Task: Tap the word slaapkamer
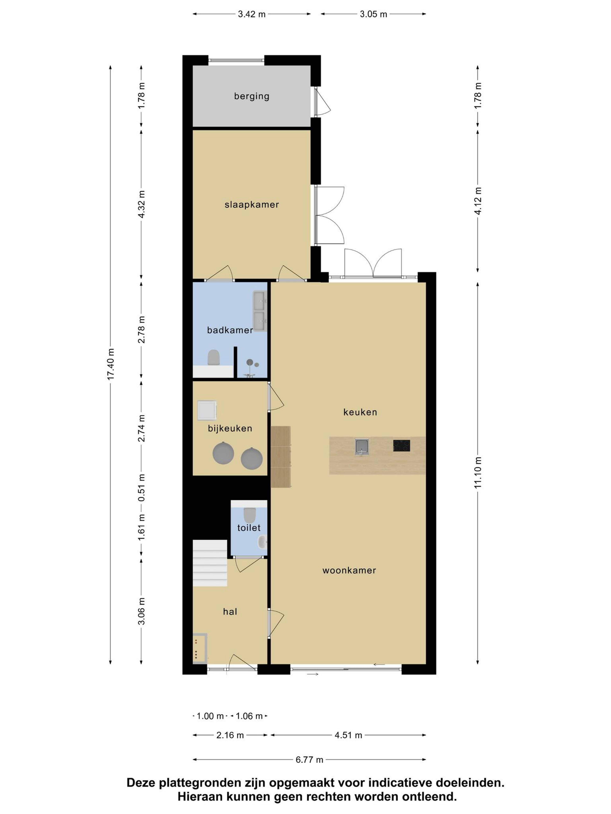(x=252, y=205)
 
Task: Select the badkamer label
(x=230, y=330)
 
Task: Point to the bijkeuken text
(x=230, y=428)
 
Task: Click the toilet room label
(x=249, y=528)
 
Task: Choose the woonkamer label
(x=349, y=570)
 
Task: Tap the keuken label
(x=360, y=412)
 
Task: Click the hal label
(x=230, y=612)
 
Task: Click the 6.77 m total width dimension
(x=309, y=759)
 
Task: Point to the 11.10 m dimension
(x=478, y=473)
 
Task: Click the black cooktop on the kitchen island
(x=401, y=446)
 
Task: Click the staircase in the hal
(x=210, y=563)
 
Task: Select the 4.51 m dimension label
(x=348, y=735)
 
